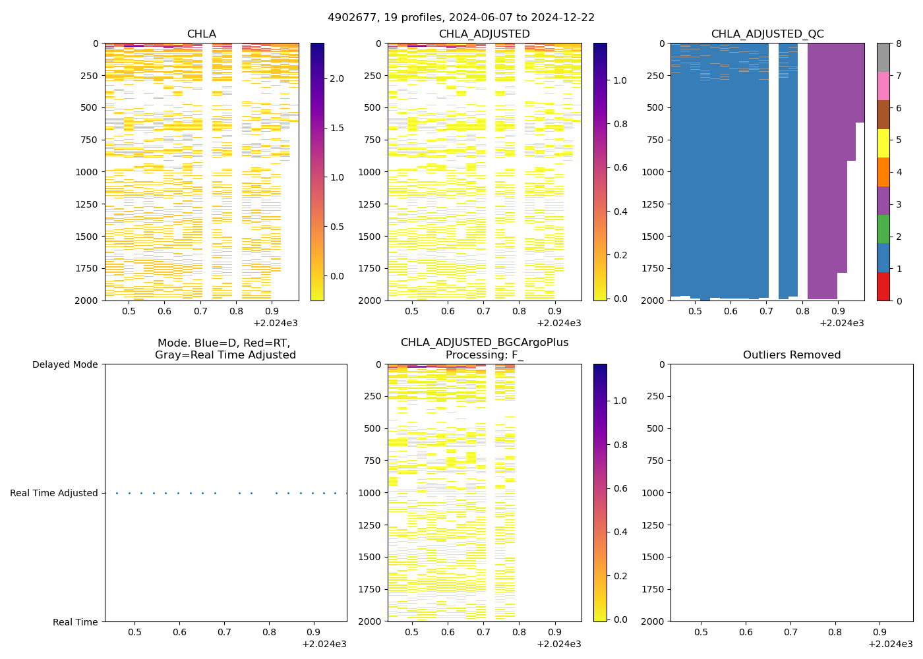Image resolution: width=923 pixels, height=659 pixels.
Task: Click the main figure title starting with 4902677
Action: pyautogui.click(x=461, y=18)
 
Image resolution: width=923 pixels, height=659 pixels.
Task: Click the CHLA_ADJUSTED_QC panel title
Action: pyautogui.click(x=767, y=34)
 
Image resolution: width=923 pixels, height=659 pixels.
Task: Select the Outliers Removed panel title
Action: pyautogui.click(x=791, y=355)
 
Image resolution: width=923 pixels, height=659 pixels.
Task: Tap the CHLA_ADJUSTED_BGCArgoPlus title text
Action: pyautogui.click(x=484, y=343)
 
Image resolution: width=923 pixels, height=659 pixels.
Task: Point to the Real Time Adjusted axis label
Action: pyautogui.click(x=53, y=493)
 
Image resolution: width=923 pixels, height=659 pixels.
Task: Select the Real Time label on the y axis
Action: pyautogui.click(x=75, y=622)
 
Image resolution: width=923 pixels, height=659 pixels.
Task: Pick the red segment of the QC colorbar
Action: pyautogui.click(x=883, y=287)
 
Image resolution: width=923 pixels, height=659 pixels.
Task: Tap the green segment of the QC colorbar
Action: pyautogui.click(x=883, y=229)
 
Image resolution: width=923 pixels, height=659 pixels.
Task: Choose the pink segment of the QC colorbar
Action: pyautogui.click(x=883, y=86)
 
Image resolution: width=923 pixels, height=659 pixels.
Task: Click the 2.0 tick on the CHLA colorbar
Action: pyautogui.click(x=336, y=78)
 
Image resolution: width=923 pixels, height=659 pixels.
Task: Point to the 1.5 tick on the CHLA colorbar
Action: pyautogui.click(x=336, y=128)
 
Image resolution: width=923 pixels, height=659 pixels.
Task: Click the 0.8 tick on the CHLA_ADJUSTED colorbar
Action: pyautogui.click(x=620, y=124)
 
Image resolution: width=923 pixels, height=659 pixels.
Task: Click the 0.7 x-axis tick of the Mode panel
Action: pyautogui.click(x=224, y=633)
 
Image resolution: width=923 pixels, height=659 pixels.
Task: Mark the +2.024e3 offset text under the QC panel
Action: pyautogui.click(x=841, y=323)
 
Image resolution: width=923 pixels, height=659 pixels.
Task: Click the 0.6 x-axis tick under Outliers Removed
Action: pyautogui.click(x=746, y=633)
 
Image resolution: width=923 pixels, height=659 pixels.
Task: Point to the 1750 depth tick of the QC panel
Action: pyautogui.click(x=653, y=268)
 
